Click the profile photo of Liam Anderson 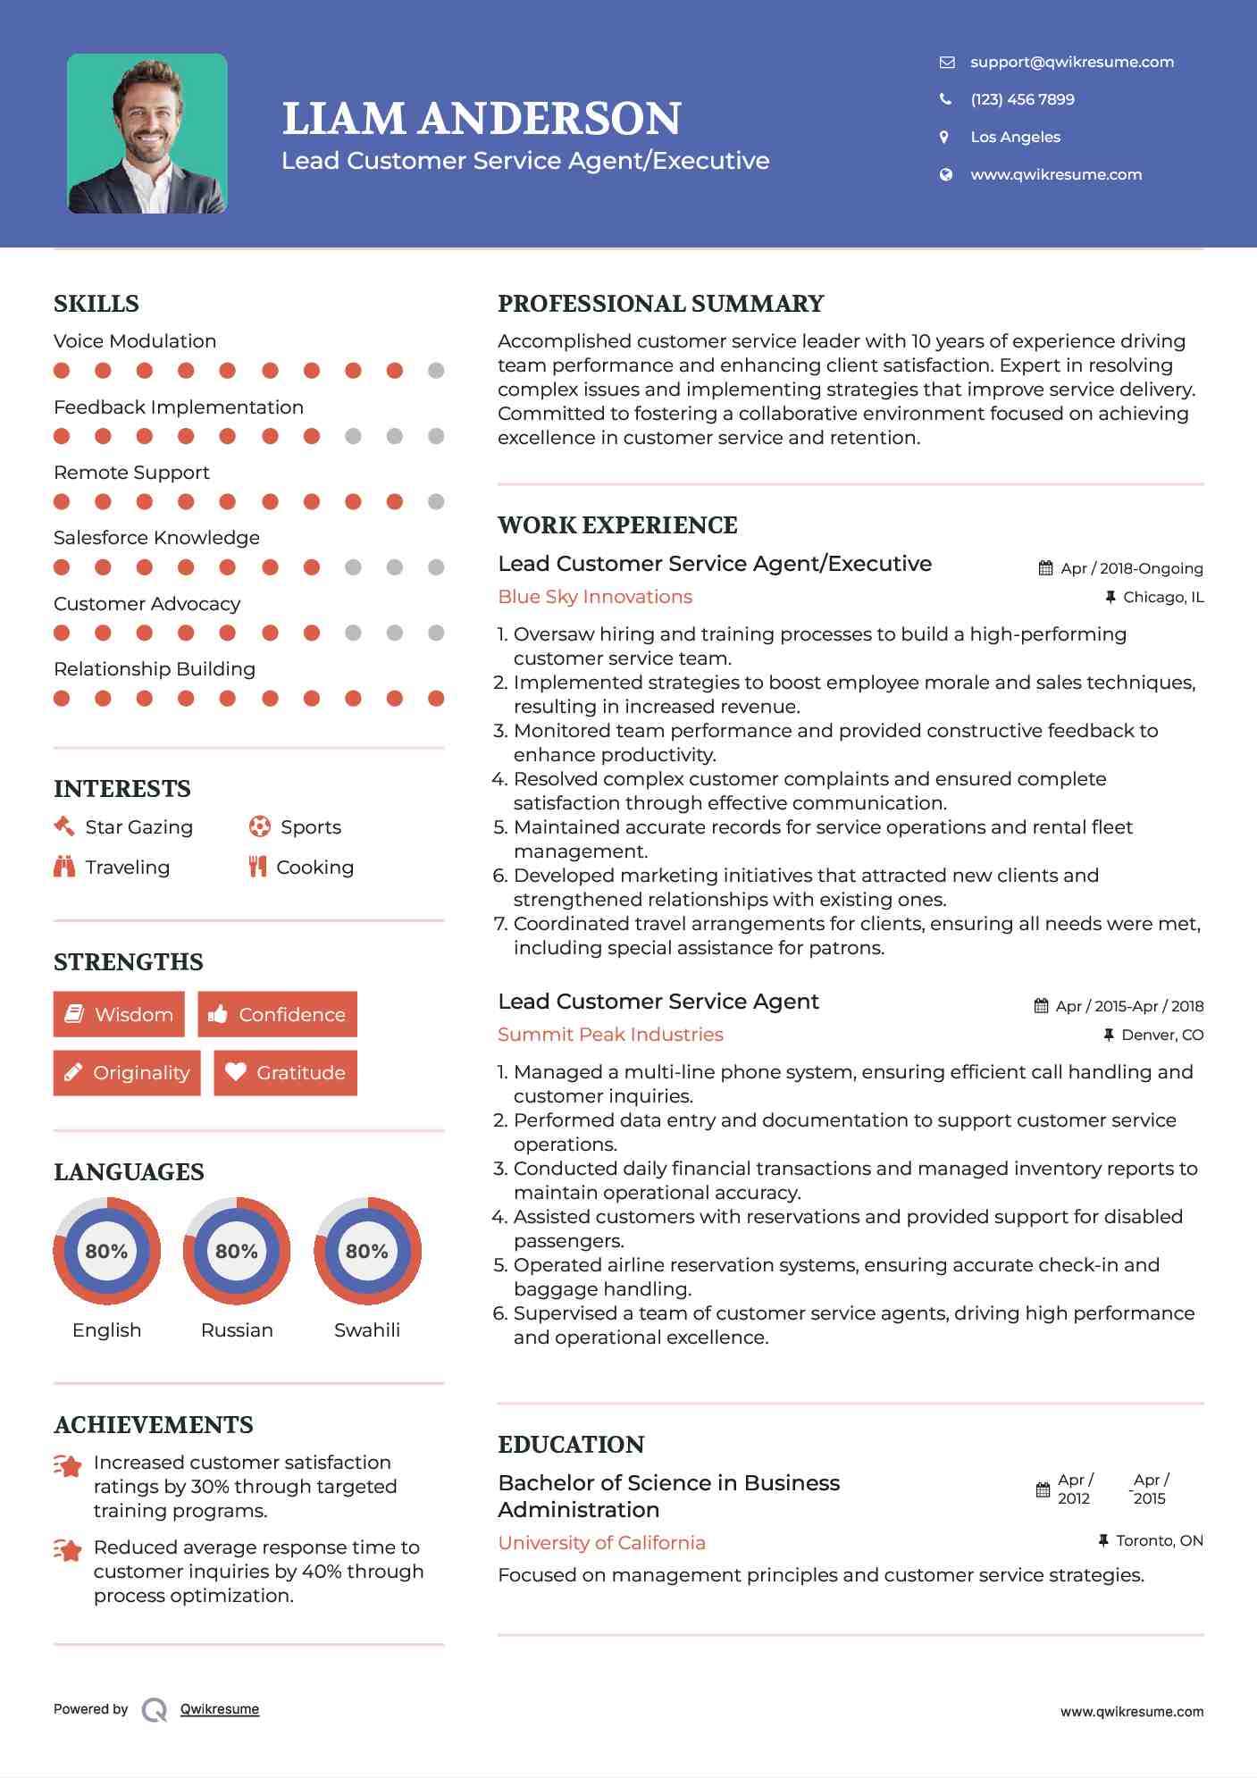147,133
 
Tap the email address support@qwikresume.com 1071,62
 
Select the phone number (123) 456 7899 1022,99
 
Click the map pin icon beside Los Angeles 944,137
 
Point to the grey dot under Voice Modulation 436,370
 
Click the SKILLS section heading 96,304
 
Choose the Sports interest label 310,827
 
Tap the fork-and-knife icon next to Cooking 257,867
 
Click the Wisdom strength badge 119,1014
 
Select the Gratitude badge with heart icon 285,1072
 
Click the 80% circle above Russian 237,1251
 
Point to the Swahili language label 366,1329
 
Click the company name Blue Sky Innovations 595,597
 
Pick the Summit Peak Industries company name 610,1035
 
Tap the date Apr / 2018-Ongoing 1131,568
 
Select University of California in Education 601,1543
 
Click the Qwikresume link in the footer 220,1709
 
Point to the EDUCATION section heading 571,1445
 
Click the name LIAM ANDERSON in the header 482,119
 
